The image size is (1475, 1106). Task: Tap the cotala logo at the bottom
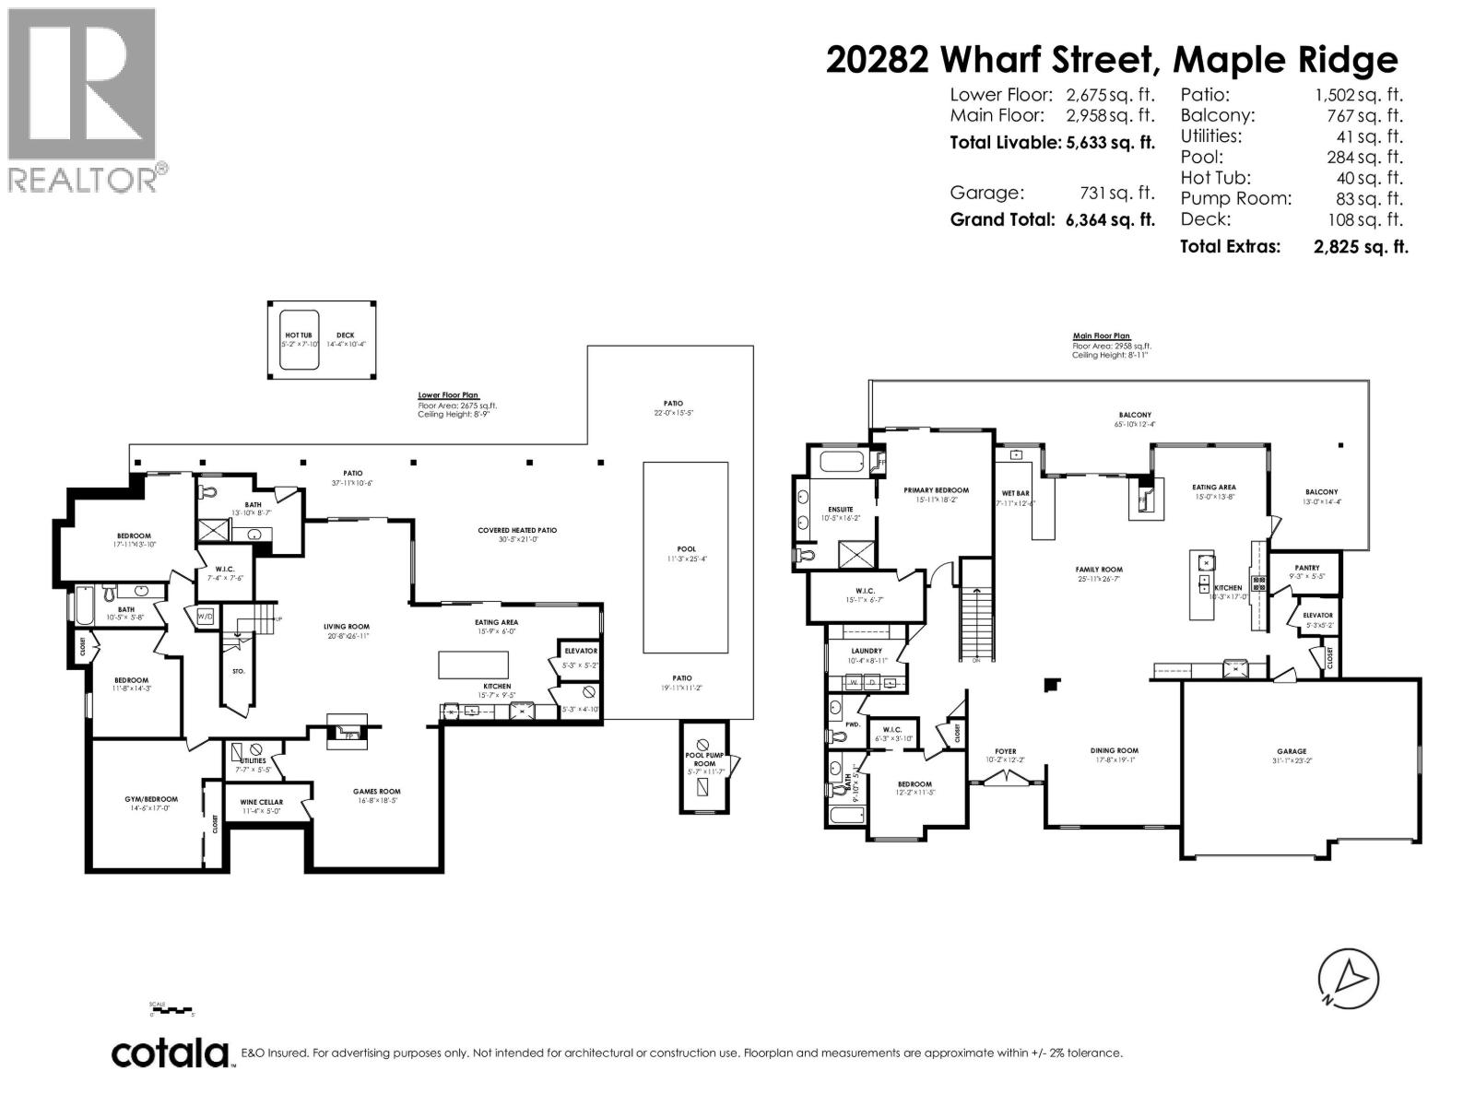click(x=171, y=1053)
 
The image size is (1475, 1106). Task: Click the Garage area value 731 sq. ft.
click(x=1116, y=194)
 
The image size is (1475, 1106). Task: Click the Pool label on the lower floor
click(x=686, y=549)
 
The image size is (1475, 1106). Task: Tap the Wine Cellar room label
click(x=263, y=802)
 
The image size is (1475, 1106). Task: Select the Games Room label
click(x=376, y=792)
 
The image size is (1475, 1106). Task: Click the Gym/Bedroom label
click(x=151, y=799)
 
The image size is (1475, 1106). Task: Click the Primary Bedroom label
click(x=936, y=490)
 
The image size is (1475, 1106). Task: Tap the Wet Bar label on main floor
click(x=1015, y=493)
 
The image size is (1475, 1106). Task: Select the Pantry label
click(x=1306, y=568)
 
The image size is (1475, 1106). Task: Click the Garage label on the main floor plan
click(x=1292, y=751)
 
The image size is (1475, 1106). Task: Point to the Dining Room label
click(x=1115, y=751)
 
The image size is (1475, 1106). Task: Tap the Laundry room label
click(x=867, y=651)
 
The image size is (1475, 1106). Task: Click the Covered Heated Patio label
click(x=517, y=530)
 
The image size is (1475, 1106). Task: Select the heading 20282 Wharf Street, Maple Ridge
click(x=1112, y=60)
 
